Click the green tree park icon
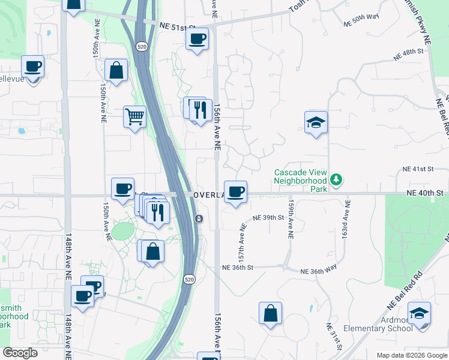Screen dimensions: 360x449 coord(337,179)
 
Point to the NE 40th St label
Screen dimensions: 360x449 coord(424,193)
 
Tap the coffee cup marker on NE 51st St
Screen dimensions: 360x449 coord(197,40)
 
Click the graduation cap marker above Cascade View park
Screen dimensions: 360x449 coord(316,122)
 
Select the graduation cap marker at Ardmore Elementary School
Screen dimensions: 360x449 coord(419,313)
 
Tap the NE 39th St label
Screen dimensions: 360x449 coord(268,217)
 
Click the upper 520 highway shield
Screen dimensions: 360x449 coord(140,46)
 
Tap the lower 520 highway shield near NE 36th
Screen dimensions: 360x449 coord(190,280)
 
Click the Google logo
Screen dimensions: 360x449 coord(20,353)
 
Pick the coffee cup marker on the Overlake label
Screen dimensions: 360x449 coord(236,192)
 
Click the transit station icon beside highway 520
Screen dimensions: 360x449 coord(198,219)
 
